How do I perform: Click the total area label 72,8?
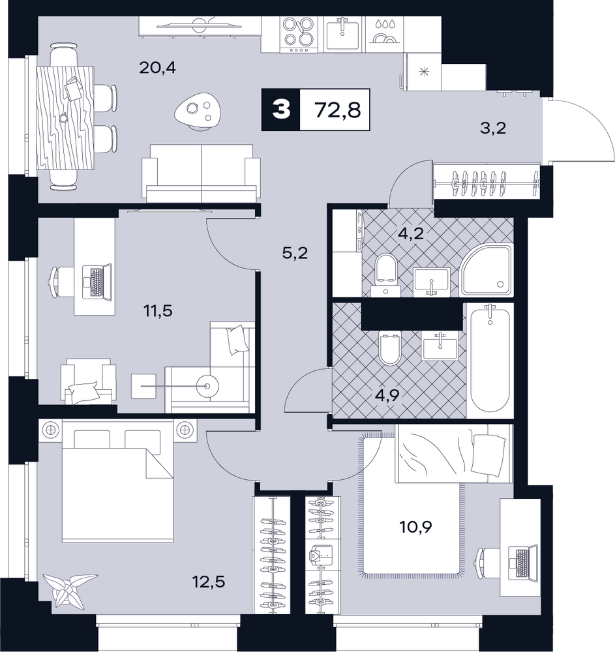(338, 110)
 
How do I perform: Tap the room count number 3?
(280, 110)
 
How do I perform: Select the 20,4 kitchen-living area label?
(157, 67)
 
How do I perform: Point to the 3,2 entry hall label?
(493, 128)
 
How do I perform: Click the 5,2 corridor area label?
(295, 253)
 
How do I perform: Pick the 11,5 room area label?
(158, 310)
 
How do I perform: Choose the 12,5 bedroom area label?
(208, 582)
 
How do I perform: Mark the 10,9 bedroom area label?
(416, 527)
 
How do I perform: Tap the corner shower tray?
(487, 271)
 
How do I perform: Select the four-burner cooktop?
(299, 34)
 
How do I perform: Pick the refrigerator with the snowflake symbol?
(423, 72)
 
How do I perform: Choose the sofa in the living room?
(202, 173)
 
